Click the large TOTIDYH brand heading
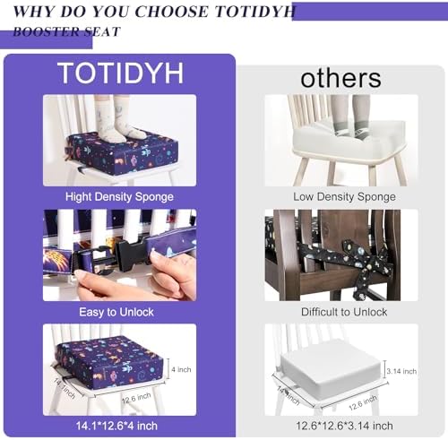121,73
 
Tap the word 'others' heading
340,78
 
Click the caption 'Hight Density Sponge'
119,197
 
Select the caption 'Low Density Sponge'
344,197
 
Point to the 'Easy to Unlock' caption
116,312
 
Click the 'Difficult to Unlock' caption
344,312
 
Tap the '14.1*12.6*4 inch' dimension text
116,426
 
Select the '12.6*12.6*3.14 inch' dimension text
344,426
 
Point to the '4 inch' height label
181,369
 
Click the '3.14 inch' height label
401,371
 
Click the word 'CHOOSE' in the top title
171,12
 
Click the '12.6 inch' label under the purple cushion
136,399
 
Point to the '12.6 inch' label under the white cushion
363,402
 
